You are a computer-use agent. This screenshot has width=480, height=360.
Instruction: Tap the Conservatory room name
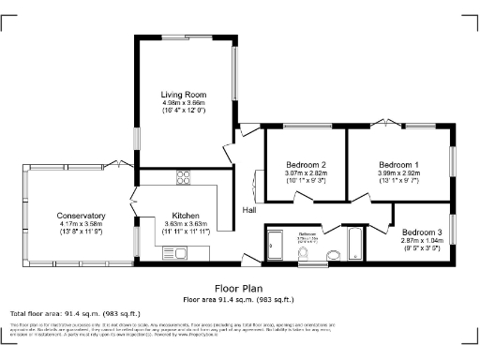(x=81, y=216)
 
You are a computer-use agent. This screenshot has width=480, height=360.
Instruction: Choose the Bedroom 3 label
(x=421, y=232)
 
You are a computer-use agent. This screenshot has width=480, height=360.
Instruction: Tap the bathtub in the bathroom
(x=357, y=244)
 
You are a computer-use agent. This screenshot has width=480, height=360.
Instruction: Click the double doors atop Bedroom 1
(x=383, y=123)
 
